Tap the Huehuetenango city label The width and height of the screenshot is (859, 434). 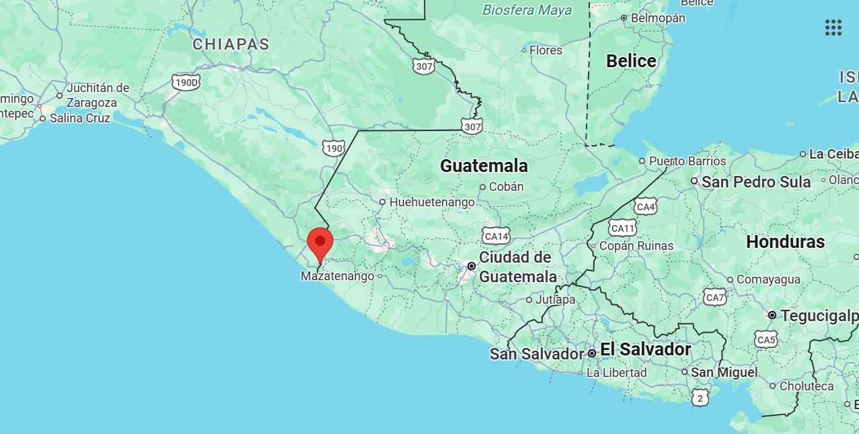pos(432,202)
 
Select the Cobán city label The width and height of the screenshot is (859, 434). pos(507,187)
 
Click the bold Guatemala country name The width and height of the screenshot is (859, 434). pos(484,166)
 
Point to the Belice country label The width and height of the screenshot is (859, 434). pos(631,61)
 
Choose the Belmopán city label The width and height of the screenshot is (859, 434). pos(658,18)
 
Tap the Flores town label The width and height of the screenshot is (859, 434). pos(546,50)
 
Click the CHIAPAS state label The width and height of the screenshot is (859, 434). pos(231,44)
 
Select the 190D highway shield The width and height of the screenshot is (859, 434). pos(186,83)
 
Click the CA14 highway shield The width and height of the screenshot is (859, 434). pos(496,235)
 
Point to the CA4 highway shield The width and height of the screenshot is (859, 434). pos(645,207)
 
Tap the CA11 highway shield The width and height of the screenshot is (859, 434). pos(623,228)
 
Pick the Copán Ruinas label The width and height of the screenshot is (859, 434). pos(637,246)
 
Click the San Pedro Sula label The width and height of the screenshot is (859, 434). pos(756,181)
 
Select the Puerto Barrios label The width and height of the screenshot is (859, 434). pos(687,161)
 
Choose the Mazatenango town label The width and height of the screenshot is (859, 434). pos(338,276)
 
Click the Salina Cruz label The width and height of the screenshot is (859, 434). pos(79,118)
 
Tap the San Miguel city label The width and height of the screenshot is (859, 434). pos(724,372)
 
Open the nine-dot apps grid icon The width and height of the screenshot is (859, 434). pos(833,28)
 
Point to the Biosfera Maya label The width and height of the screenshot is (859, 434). pos(527,10)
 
